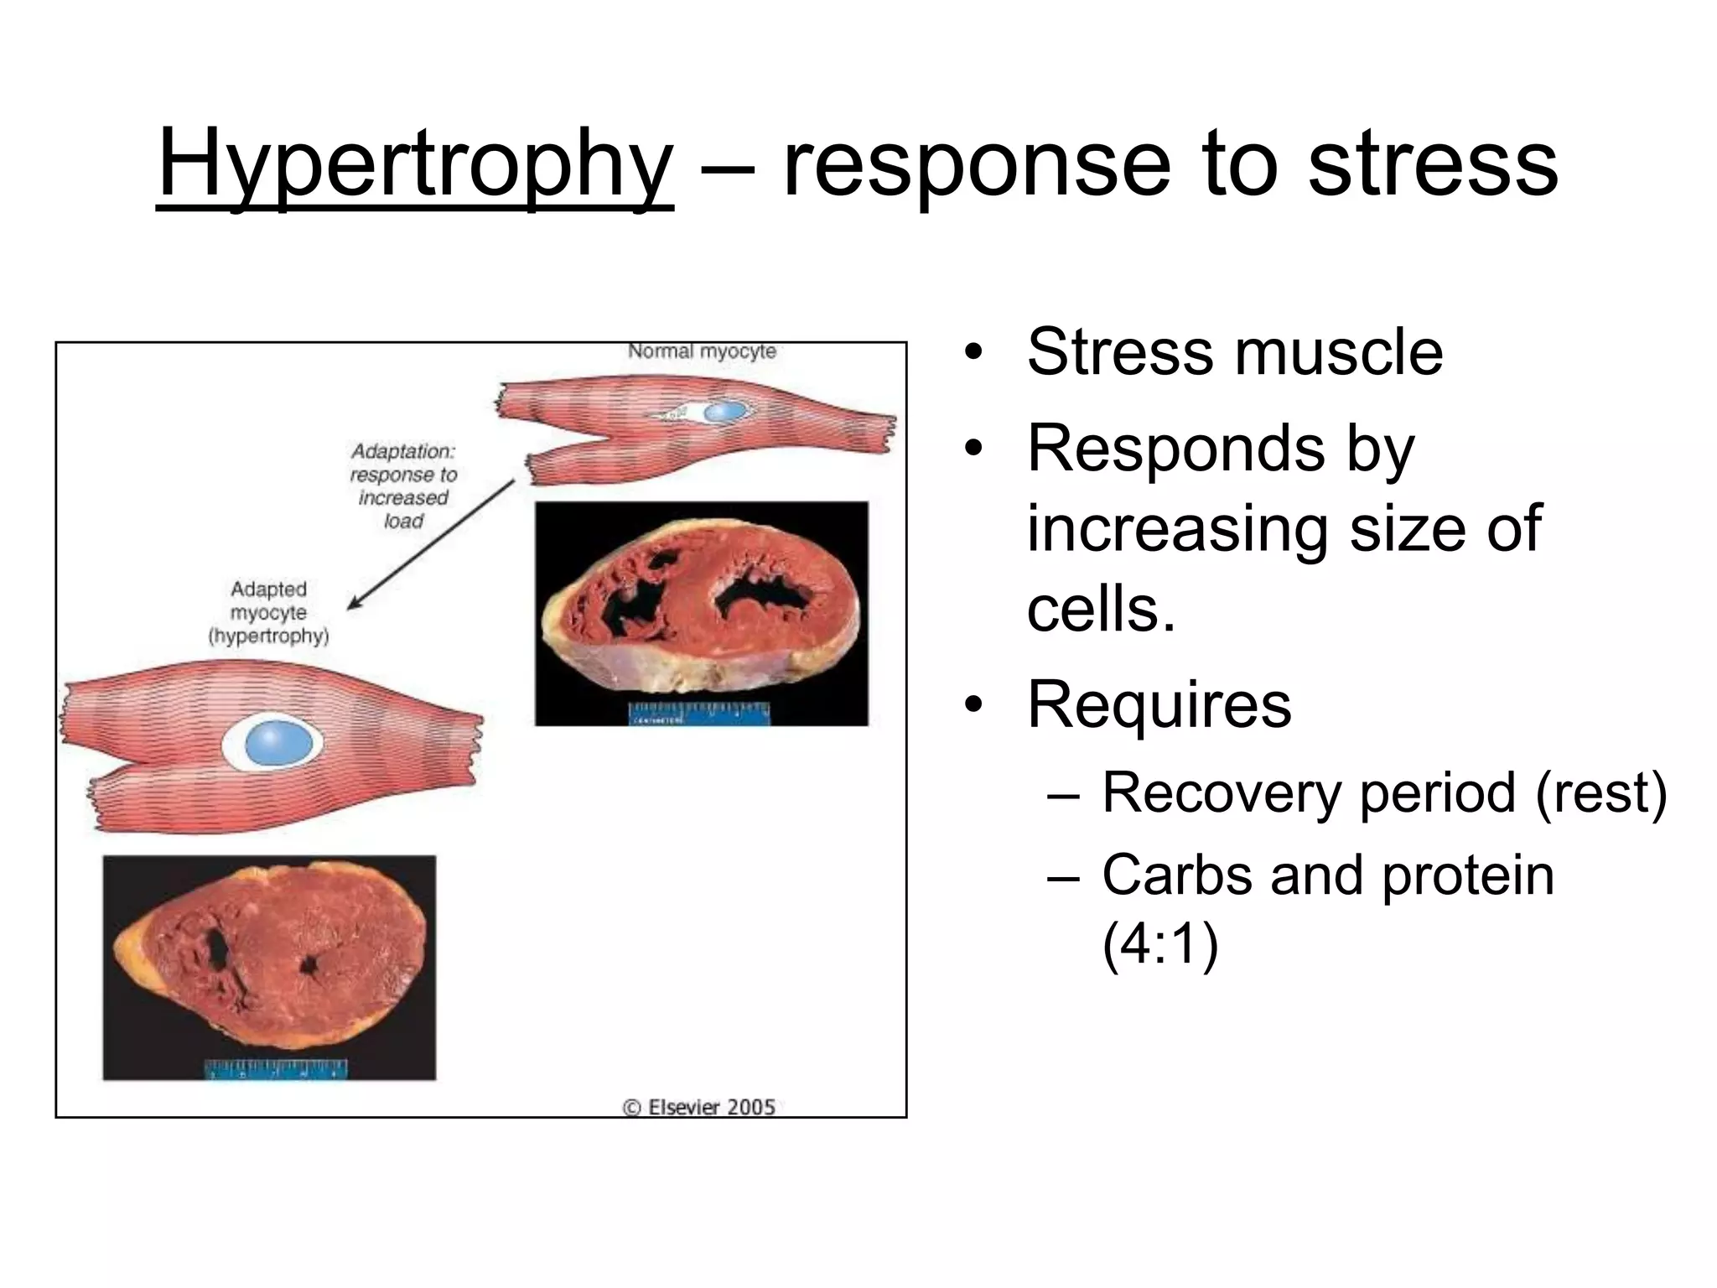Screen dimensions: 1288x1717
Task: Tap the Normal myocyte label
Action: [702, 351]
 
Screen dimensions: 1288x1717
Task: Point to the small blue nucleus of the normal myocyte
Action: [725, 412]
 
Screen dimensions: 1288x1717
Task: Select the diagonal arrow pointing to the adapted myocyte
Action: [431, 543]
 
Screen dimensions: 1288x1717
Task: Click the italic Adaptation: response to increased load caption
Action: [403, 486]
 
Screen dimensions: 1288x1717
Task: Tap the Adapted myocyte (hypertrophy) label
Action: [268, 613]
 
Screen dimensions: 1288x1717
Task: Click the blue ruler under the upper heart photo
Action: [698, 714]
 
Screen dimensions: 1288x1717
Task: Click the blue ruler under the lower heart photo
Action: [276, 1069]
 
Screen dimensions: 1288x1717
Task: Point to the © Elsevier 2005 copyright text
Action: [698, 1107]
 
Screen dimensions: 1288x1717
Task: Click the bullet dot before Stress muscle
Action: [972, 352]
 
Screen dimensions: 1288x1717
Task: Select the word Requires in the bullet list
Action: [1159, 704]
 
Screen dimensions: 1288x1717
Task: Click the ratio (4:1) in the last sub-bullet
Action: [1159, 945]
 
